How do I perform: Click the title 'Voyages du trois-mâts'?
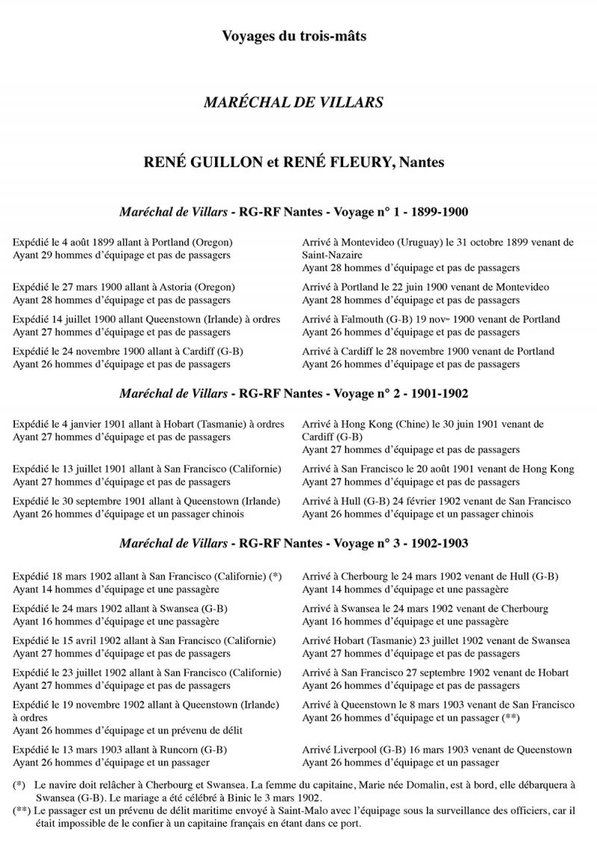click(x=294, y=35)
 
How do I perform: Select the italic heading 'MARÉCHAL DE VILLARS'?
click(x=293, y=102)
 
